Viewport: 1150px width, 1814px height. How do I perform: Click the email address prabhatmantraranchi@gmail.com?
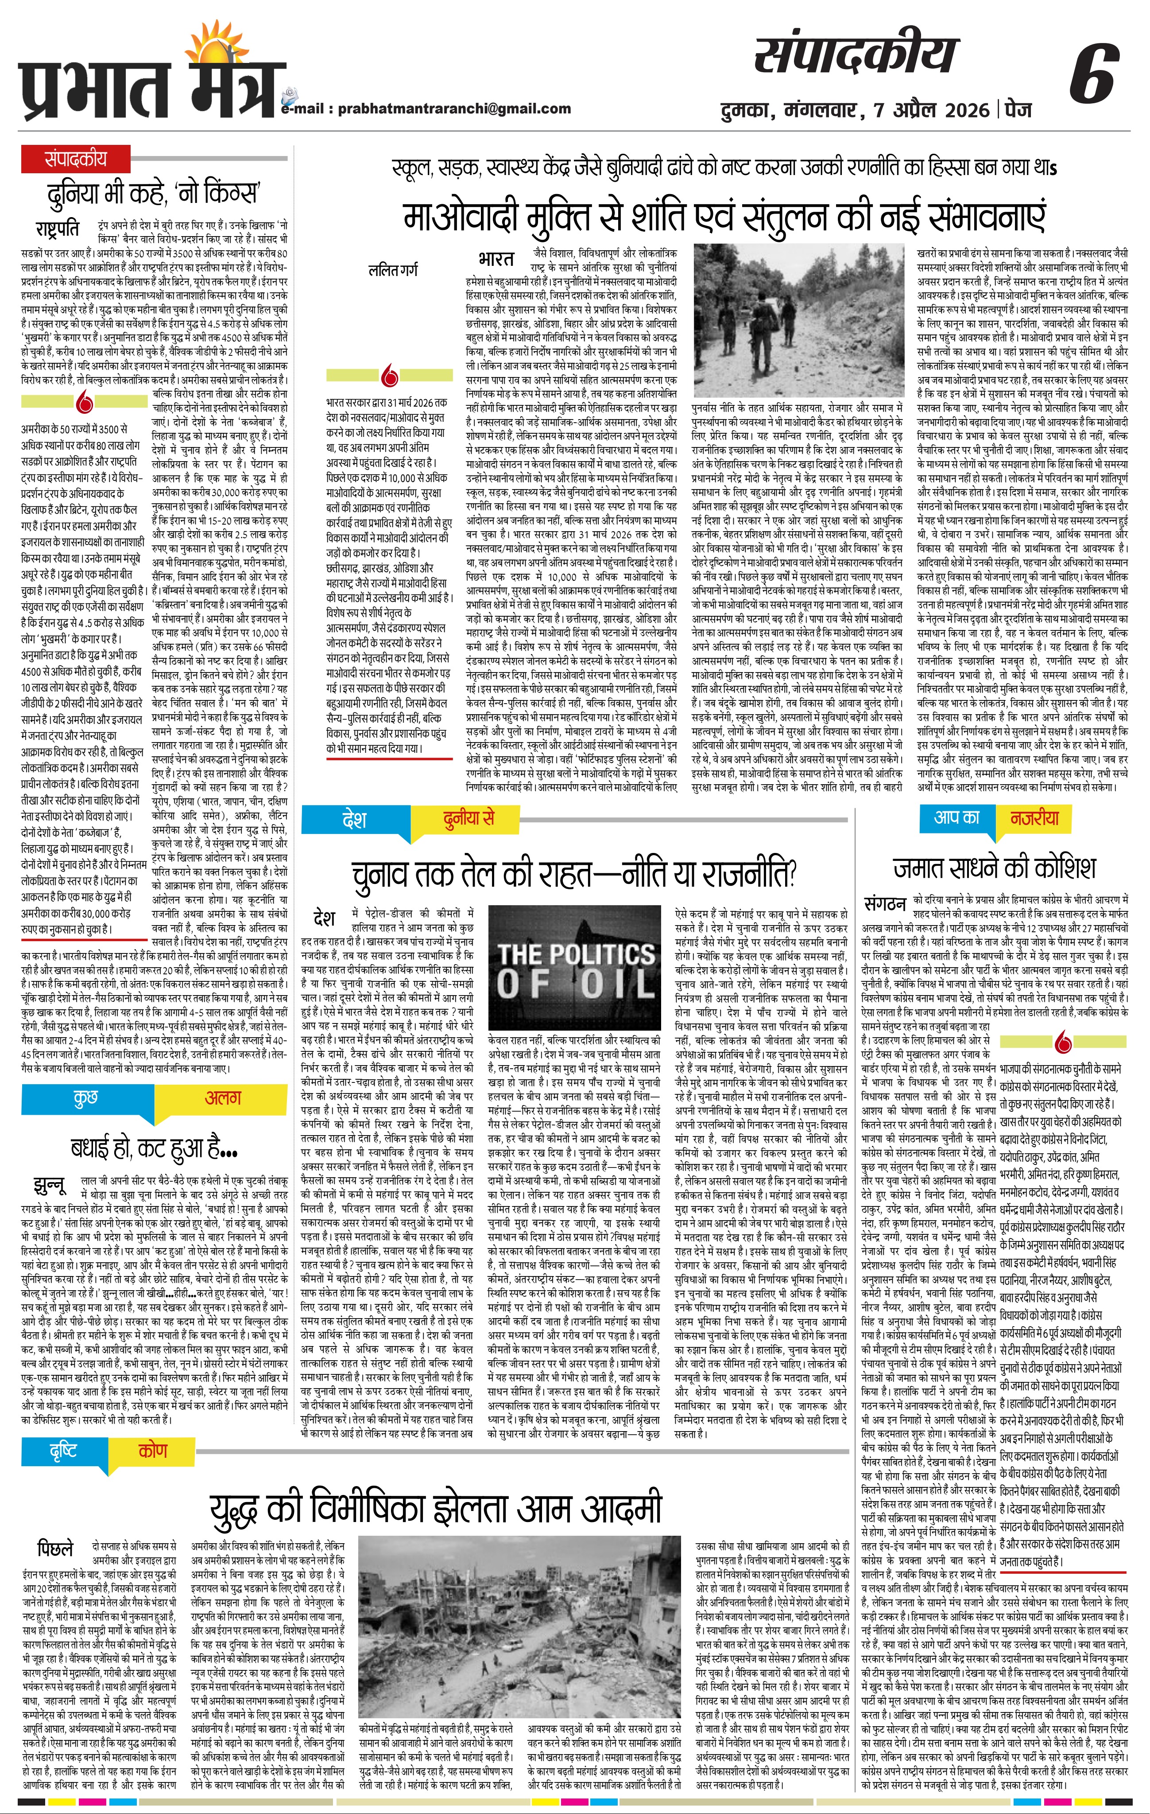[454, 109]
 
